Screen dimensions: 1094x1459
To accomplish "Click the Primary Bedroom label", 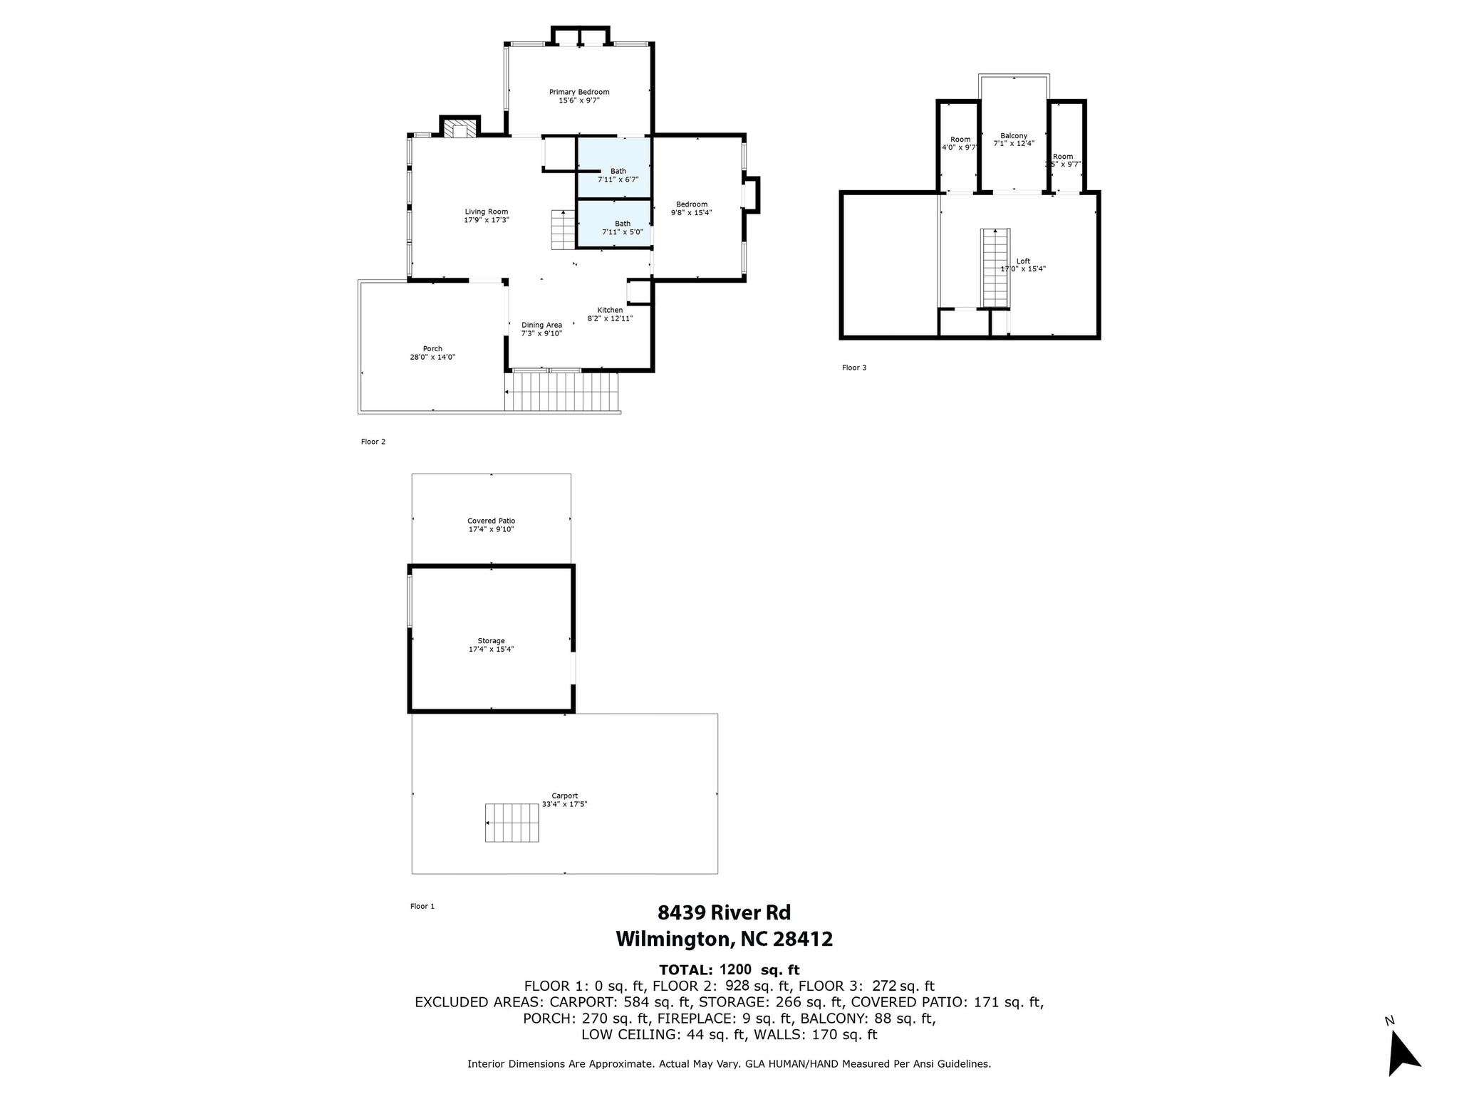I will pos(578,92).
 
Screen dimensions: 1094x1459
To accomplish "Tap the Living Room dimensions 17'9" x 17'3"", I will pos(486,221).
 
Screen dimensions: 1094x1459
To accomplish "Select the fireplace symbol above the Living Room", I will pos(459,129).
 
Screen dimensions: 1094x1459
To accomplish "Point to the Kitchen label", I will pos(610,310).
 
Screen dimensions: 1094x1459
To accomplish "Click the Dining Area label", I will pos(541,325).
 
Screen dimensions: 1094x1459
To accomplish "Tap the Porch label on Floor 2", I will pos(432,348).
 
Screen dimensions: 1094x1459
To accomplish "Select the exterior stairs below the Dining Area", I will pos(562,392).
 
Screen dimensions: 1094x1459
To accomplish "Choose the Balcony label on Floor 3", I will pos(1013,135).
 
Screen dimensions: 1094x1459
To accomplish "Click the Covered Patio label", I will pos(491,521).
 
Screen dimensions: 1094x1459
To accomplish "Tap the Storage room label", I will pos(491,640).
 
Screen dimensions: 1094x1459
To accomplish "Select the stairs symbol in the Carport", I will pos(512,823).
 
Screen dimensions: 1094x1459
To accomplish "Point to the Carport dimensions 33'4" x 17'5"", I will pos(564,804).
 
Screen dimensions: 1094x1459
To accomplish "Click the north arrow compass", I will pos(1402,1055).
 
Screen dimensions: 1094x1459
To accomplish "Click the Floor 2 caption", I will pos(373,442).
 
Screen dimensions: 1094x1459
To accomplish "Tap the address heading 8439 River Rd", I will pos(723,912).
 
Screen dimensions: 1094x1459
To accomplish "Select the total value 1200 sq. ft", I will pos(759,969).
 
